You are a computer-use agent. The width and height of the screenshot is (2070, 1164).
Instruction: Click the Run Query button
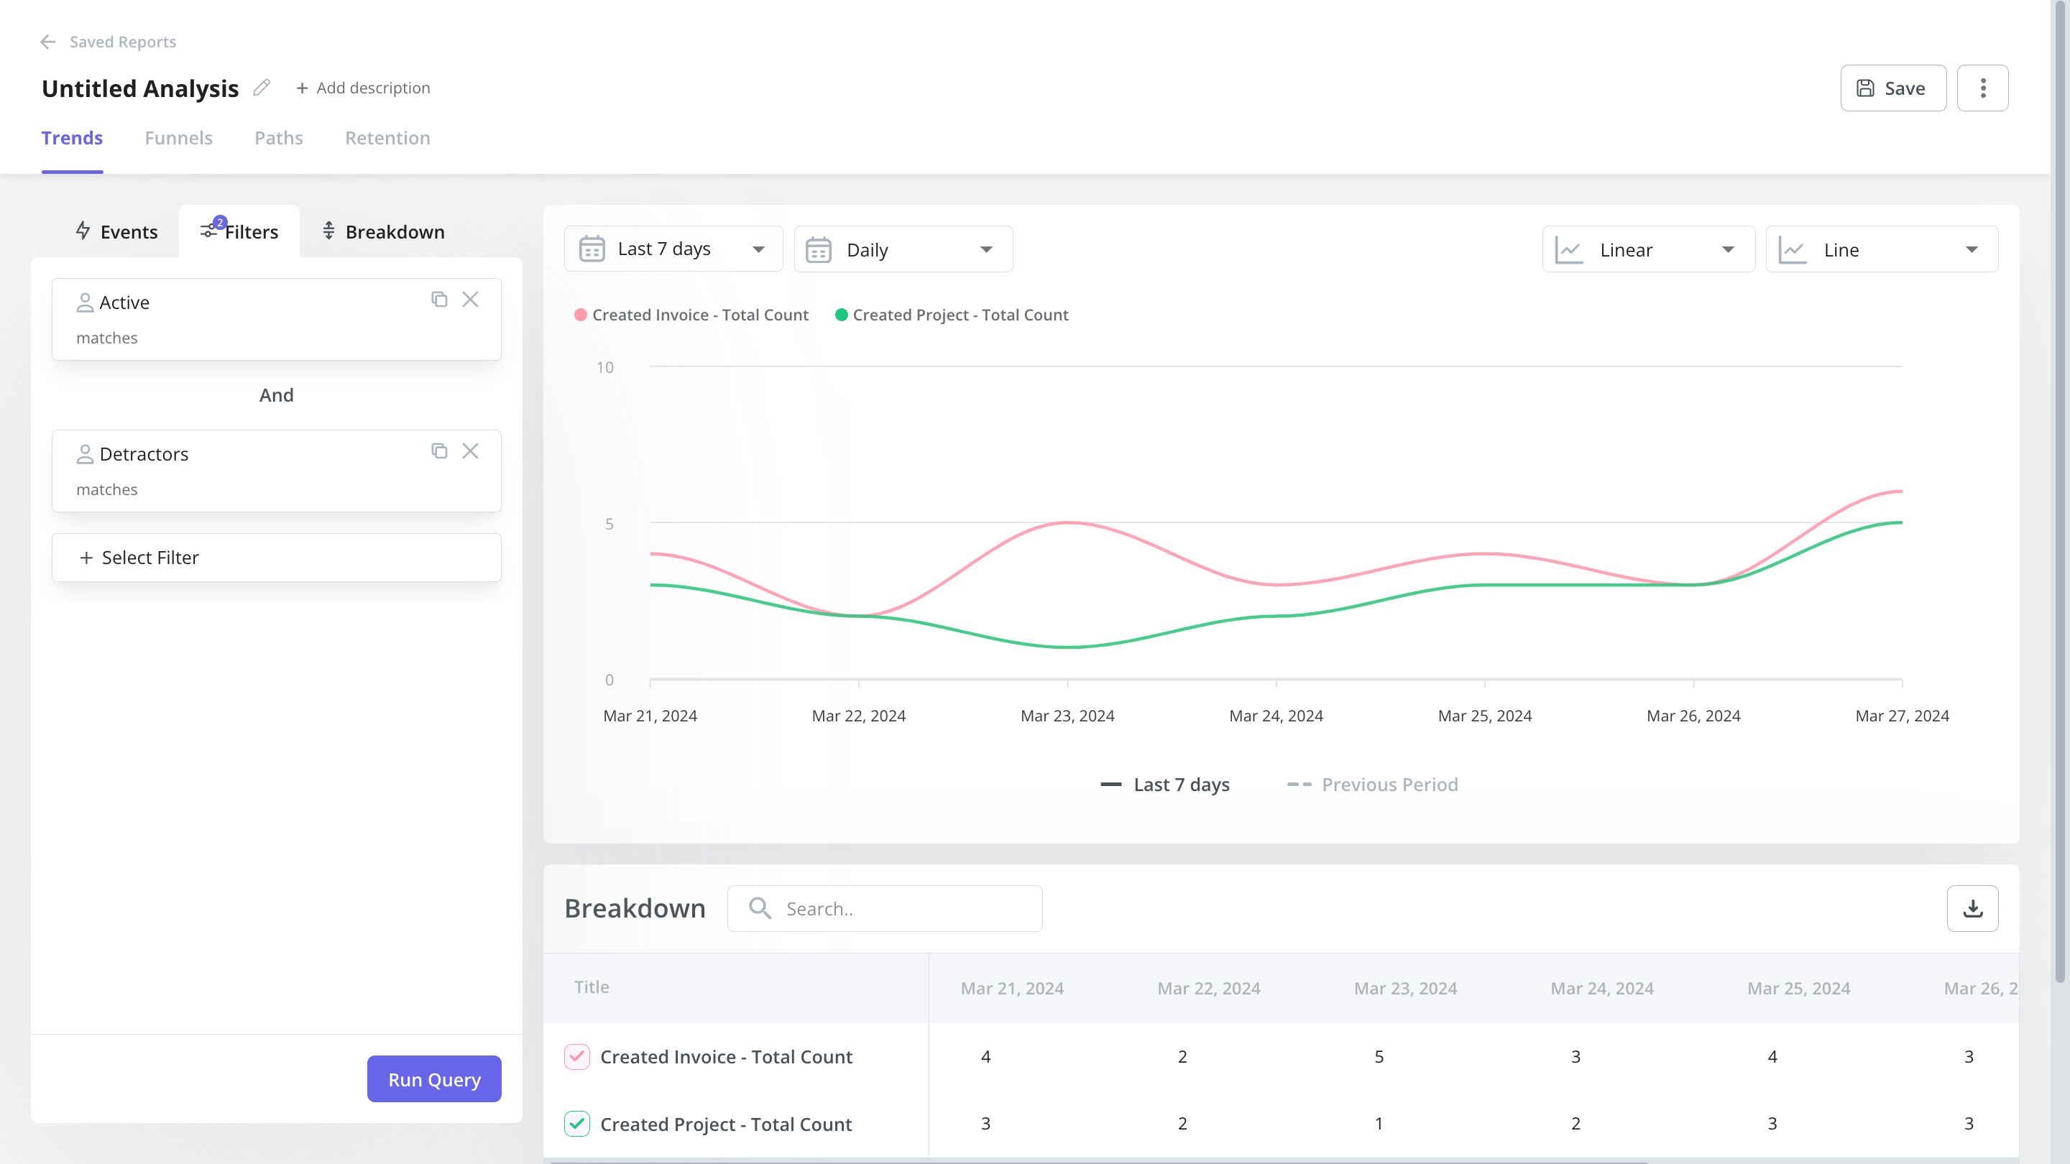tap(434, 1078)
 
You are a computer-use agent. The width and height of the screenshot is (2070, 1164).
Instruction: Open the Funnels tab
tap(178, 138)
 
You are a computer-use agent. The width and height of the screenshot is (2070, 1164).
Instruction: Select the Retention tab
tap(387, 138)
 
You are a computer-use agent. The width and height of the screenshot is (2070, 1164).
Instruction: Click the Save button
tap(1892, 88)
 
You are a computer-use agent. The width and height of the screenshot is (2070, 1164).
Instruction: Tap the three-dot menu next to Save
tap(1982, 88)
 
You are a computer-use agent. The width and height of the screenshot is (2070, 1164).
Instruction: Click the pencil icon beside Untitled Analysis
tap(261, 88)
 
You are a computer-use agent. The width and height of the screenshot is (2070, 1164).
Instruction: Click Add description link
tap(363, 88)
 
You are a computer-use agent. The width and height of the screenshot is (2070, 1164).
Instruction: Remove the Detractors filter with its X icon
tap(470, 451)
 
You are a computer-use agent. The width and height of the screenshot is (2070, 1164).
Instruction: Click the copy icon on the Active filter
tap(438, 300)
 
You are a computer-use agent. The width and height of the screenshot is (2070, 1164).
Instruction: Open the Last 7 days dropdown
tap(673, 250)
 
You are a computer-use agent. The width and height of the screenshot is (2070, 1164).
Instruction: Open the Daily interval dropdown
tap(903, 250)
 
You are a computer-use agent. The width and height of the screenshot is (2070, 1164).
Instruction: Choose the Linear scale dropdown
tap(1647, 250)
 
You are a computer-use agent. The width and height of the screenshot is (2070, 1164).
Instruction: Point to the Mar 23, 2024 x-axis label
tap(1067, 716)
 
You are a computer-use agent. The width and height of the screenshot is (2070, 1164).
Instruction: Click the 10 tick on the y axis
tap(604, 367)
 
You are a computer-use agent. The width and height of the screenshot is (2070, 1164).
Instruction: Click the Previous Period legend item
tap(1373, 785)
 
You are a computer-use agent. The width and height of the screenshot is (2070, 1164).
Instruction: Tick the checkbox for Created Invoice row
tap(577, 1056)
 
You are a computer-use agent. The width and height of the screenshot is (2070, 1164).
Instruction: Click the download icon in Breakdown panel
tap(1972, 908)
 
